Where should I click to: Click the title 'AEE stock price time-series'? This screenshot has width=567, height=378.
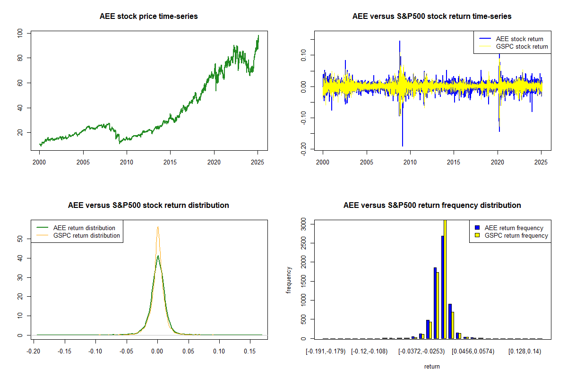tap(148, 17)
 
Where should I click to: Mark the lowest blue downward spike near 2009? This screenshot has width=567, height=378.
tap(403, 146)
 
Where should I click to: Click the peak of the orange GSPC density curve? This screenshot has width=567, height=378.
tap(158, 227)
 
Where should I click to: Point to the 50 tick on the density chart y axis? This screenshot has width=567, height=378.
tap(20, 239)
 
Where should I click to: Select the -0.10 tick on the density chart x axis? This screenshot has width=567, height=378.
tap(95, 352)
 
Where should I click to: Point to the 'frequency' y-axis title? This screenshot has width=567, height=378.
tap(289, 280)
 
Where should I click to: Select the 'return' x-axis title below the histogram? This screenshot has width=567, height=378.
tap(432, 366)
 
